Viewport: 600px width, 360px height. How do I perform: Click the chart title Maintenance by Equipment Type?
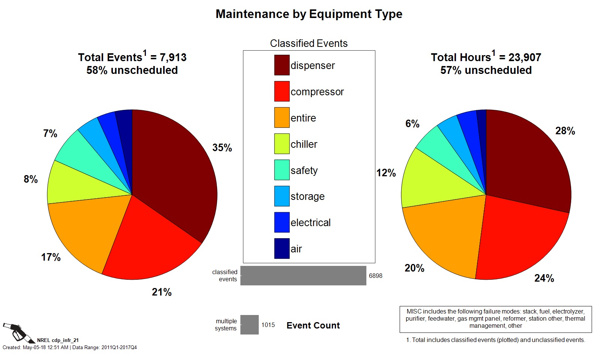pyautogui.click(x=309, y=14)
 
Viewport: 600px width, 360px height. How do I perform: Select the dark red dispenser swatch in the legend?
pyautogui.click(x=282, y=65)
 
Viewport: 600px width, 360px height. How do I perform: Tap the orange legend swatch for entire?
pyautogui.click(x=282, y=118)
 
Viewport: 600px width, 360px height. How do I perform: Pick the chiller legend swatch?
pyautogui.click(x=282, y=144)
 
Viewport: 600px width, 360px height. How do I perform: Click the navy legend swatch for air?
pyautogui.click(x=282, y=249)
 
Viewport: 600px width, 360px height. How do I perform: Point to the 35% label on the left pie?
pyautogui.click(x=222, y=148)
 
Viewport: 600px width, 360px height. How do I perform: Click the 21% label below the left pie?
pyautogui.click(x=162, y=292)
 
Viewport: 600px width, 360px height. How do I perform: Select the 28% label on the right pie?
pyautogui.click(x=565, y=131)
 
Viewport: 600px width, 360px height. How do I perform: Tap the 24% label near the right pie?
pyautogui.click(x=544, y=278)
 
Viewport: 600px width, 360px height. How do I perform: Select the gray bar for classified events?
pyautogui.click(x=303, y=276)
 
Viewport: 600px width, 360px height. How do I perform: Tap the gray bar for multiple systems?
pyautogui.click(x=249, y=325)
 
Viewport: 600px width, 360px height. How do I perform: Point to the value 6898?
pyautogui.click(x=375, y=276)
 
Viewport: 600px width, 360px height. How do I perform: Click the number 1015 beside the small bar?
pyautogui.click(x=268, y=325)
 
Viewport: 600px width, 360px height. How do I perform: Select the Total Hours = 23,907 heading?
pyautogui.click(x=486, y=57)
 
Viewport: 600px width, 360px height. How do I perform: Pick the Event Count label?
pyautogui.click(x=313, y=325)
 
